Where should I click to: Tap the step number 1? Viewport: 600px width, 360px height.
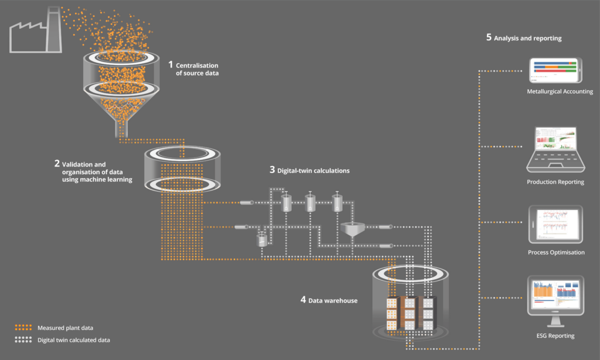(x=171, y=64)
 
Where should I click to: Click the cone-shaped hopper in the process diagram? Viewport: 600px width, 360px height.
(x=352, y=229)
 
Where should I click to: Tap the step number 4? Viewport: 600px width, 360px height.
(x=303, y=300)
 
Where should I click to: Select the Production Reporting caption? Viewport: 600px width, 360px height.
(x=555, y=182)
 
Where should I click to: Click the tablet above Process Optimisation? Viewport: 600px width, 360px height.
(x=555, y=224)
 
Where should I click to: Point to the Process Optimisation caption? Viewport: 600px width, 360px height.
(x=555, y=252)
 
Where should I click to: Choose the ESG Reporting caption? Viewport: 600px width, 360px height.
(x=555, y=335)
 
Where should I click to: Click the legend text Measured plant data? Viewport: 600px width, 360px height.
(x=65, y=327)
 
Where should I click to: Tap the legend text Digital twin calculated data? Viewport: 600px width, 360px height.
(x=74, y=339)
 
